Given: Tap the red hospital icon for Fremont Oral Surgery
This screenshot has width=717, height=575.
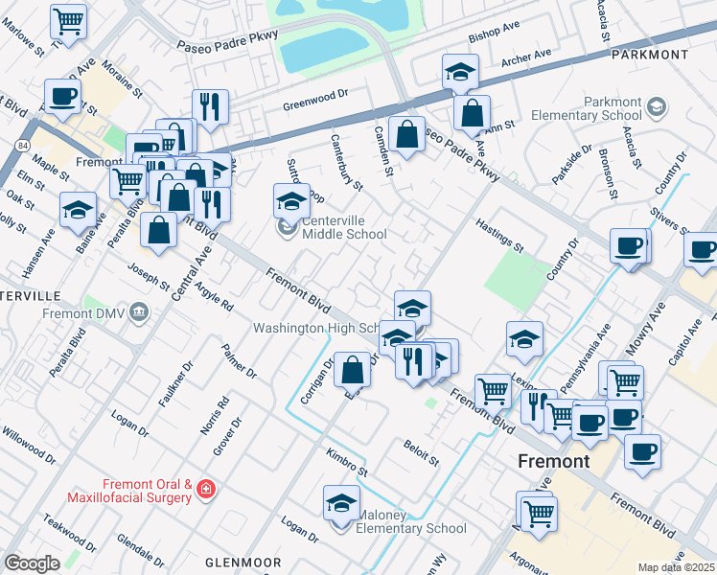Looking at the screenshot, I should (204, 491).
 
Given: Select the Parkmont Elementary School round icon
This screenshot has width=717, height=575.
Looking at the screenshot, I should (657, 105).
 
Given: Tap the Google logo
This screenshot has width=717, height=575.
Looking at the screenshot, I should (32, 563).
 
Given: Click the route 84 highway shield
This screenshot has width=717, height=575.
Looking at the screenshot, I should (20, 145).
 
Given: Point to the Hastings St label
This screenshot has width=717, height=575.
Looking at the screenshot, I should (499, 235).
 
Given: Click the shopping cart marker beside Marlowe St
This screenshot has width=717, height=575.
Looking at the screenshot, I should (68, 19).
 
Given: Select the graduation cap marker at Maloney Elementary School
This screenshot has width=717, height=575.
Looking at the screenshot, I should (340, 503).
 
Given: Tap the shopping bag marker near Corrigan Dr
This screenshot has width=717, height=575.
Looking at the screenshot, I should (353, 369).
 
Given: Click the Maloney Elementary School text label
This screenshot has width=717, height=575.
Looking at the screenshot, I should (411, 528).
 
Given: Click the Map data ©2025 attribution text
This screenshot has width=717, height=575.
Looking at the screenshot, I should (676, 567).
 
